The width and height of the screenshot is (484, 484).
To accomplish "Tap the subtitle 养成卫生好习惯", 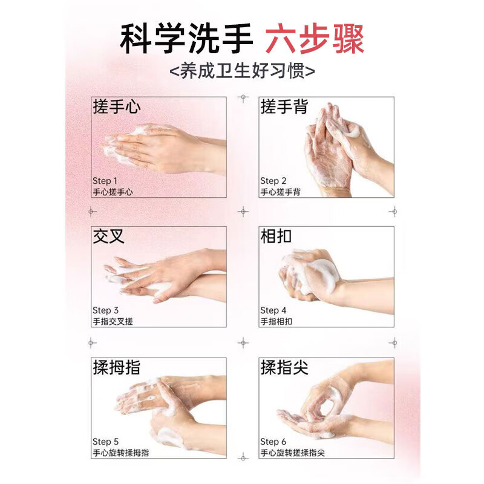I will click(242, 70).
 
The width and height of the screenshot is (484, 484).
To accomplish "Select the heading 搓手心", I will click(117, 107).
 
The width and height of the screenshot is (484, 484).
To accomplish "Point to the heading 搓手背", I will click(284, 107).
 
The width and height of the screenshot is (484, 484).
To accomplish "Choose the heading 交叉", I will click(109, 236).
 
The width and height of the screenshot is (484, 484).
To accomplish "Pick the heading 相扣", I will click(276, 236).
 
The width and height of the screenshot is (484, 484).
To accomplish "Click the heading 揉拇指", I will click(117, 367).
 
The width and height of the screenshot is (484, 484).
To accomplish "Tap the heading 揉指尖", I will click(284, 367).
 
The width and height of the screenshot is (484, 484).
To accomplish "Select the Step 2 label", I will click(273, 180).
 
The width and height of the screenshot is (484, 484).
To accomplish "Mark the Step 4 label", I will click(273, 310).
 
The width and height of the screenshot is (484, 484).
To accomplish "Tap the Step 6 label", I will click(273, 441).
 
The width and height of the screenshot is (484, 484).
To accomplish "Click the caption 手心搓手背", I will click(280, 192).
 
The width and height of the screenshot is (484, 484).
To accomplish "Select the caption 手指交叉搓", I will click(112, 322).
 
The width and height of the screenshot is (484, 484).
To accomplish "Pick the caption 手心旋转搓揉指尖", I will click(292, 453).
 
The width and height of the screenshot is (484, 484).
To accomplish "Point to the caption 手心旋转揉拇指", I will click(120, 453).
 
